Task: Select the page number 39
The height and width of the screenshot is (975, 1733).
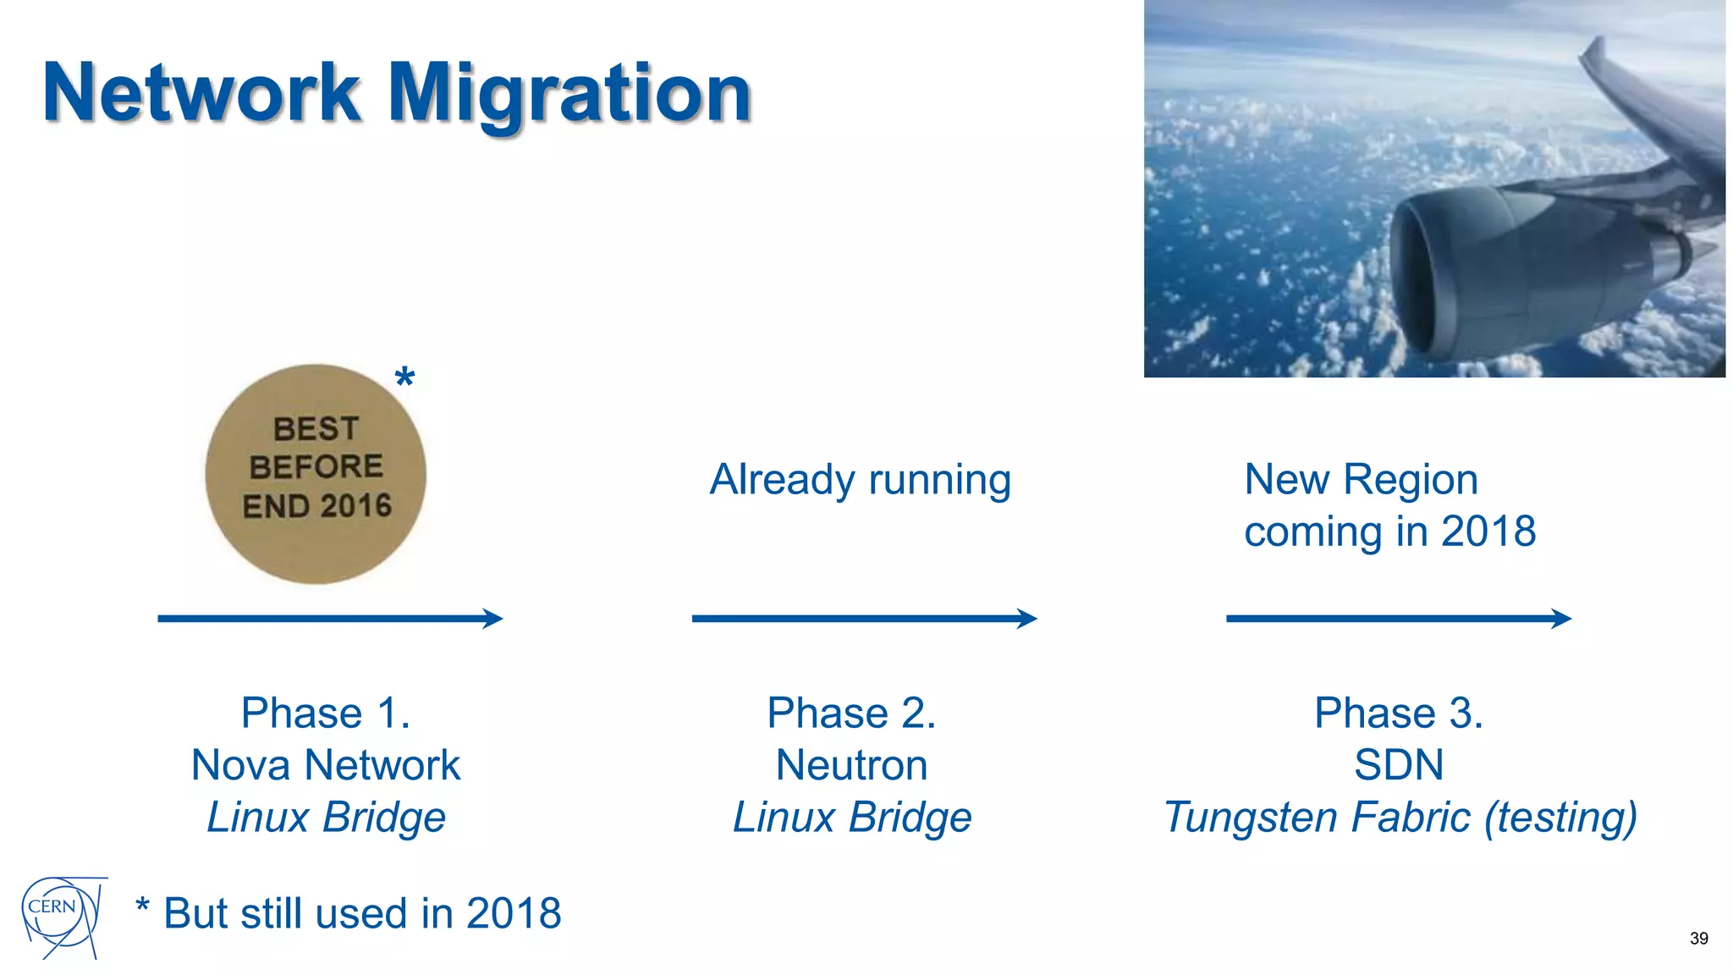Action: click(x=1698, y=938)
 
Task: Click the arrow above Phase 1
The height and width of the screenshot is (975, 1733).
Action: click(x=330, y=619)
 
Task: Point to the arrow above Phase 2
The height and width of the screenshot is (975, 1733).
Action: click(x=864, y=619)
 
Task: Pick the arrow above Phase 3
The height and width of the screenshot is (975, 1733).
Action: click(x=1398, y=619)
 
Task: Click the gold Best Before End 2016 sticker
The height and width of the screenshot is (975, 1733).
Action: click(x=316, y=474)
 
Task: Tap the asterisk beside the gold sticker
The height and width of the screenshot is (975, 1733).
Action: click(x=404, y=377)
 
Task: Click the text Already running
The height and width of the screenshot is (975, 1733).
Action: click(x=860, y=480)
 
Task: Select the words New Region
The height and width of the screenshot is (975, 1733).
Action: click(x=1361, y=480)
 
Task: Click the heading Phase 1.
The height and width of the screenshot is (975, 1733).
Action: click(x=326, y=713)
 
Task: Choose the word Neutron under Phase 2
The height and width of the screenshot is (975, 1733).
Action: click(x=851, y=765)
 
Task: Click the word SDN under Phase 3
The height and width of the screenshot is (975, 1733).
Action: click(x=1398, y=765)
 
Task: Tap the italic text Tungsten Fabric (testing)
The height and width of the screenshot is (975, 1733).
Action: click(x=1400, y=818)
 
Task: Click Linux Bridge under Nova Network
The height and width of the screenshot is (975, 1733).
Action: click(x=326, y=818)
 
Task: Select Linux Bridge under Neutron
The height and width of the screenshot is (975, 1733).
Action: click(x=851, y=818)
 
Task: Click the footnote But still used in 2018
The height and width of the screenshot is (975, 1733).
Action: click(x=362, y=914)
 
